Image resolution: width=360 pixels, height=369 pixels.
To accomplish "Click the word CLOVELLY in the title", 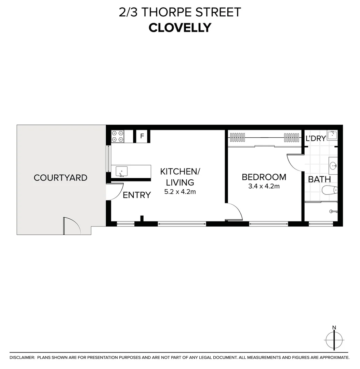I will click(x=180, y=28).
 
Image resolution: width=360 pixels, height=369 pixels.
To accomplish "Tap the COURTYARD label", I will click(x=61, y=178).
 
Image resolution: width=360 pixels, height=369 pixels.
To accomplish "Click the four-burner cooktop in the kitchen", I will click(x=117, y=136).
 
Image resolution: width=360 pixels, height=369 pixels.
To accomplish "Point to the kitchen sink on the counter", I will click(x=121, y=171).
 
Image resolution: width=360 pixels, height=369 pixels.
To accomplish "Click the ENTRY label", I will click(x=137, y=195).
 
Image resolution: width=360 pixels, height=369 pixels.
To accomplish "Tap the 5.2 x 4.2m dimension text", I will click(x=180, y=192).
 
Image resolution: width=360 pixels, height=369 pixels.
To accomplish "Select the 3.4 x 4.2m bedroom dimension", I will click(x=264, y=186).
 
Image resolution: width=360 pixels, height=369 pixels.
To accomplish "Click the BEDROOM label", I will click(x=264, y=177).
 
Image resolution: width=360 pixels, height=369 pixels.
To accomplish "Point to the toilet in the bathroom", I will click(x=330, y=190).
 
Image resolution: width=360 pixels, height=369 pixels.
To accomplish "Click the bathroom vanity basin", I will click(x=333, y=166).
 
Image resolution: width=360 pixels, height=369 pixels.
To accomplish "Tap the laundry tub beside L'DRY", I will click(x=332, y=136).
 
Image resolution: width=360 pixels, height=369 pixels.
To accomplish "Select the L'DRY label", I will click(x=316, y=139).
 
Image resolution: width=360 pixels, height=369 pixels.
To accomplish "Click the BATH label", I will click(x=319, y=179).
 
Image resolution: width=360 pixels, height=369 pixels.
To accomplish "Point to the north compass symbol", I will click(x=334, y=339).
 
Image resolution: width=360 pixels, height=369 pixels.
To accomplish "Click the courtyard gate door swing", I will click(x=71, y=226).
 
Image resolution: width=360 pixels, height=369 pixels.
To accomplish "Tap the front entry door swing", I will click(x=115, y=192).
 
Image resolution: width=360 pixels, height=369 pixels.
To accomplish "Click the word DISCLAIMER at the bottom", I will click(x=22, y=357).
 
